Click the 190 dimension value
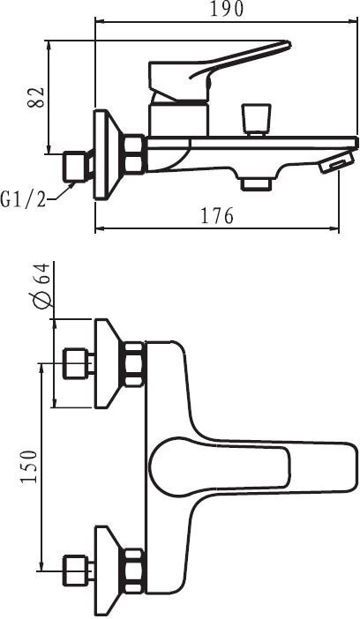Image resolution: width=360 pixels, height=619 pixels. [227, 9]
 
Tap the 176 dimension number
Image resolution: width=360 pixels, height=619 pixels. [217, 215]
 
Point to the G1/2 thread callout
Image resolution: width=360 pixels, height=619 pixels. [23, 200]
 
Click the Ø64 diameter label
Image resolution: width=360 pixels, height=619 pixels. [41, 285]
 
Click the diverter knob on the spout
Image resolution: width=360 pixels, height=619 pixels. [257, 120]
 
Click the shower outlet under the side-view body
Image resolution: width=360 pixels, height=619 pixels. [257, 184]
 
